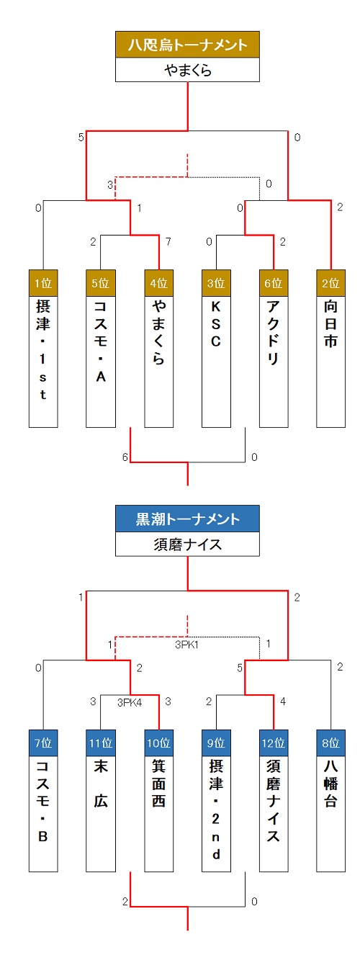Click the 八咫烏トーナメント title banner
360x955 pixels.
[187, 45]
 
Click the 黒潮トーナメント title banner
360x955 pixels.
[187, 519]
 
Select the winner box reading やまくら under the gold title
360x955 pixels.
[187, 70]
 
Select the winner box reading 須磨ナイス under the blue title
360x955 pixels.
[187, 544]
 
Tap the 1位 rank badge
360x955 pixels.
[43, 283]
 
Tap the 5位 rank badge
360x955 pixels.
[101, 283]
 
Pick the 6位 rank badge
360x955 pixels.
[274, 283]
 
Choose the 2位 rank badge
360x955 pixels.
[331, 283]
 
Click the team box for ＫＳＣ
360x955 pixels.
[216, 362]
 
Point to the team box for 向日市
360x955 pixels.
[331, 362]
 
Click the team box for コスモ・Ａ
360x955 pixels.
[101, 362]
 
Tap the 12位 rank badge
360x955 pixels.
[274, 743]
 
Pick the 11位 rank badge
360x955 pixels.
[101, 743]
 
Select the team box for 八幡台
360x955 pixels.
[331, 814]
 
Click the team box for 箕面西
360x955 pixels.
[158, 814]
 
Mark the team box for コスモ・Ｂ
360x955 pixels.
[43, 814]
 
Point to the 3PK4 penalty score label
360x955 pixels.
[130, 703]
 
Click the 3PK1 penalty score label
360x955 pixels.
[187, 645]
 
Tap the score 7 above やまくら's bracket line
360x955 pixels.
[168, 242]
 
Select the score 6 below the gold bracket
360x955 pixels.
[125, 457]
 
